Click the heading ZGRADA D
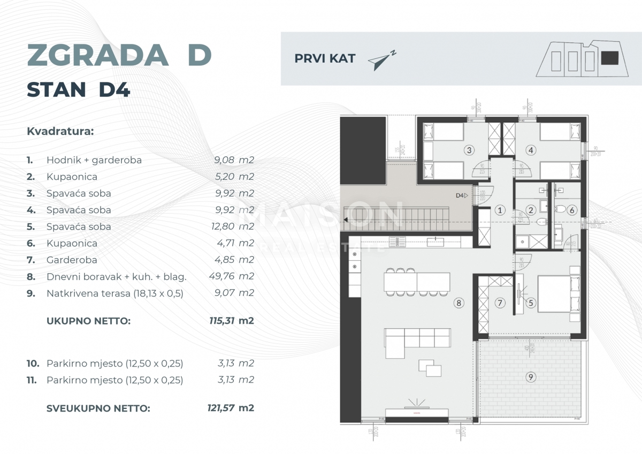click(119, 55)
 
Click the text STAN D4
click(78, 90)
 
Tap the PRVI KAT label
click(325, 59)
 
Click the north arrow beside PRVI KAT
click(382, 60)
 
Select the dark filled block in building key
click(609, 57)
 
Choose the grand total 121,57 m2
click(230, 408)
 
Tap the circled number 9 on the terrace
click(530, 377)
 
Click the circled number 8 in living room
click(458, 303)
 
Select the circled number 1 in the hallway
click(500, 210)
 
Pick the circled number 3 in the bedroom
click(469, 150)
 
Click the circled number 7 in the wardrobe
click(500, 304)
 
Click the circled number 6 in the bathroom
click(571, 210)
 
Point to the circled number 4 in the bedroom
click(531, 150)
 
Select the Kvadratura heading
click(60, 131)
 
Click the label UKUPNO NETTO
click(88, 321)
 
